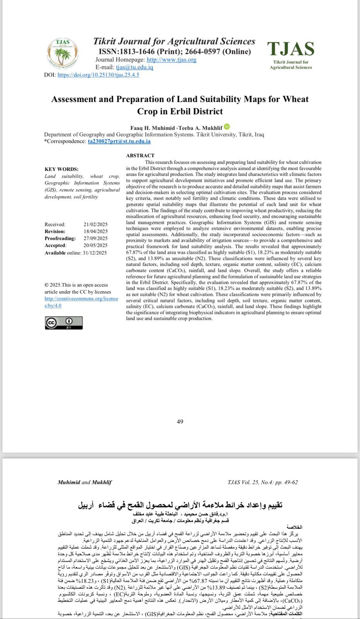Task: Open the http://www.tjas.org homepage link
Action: (171, 60)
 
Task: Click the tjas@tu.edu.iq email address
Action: (134, 67)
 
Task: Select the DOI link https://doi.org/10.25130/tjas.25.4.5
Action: (98, 75)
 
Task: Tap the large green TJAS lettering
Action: (291, 49)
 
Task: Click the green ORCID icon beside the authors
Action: (227, 127)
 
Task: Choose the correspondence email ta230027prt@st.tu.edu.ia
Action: (119, 141)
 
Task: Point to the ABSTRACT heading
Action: (140, 156)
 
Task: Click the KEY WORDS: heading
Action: (61, 169)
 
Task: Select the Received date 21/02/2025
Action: (95, 224)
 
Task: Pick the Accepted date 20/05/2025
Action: (95, 245)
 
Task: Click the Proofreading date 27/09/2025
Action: (95, 238)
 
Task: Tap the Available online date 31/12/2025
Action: (94, 253)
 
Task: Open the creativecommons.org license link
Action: (81, 302)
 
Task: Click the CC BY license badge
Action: (64, 323)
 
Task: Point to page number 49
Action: (180, 422)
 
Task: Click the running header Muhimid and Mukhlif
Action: (85, 482)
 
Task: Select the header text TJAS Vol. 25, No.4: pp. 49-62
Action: (263, 482)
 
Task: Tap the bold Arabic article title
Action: (180, 505)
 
